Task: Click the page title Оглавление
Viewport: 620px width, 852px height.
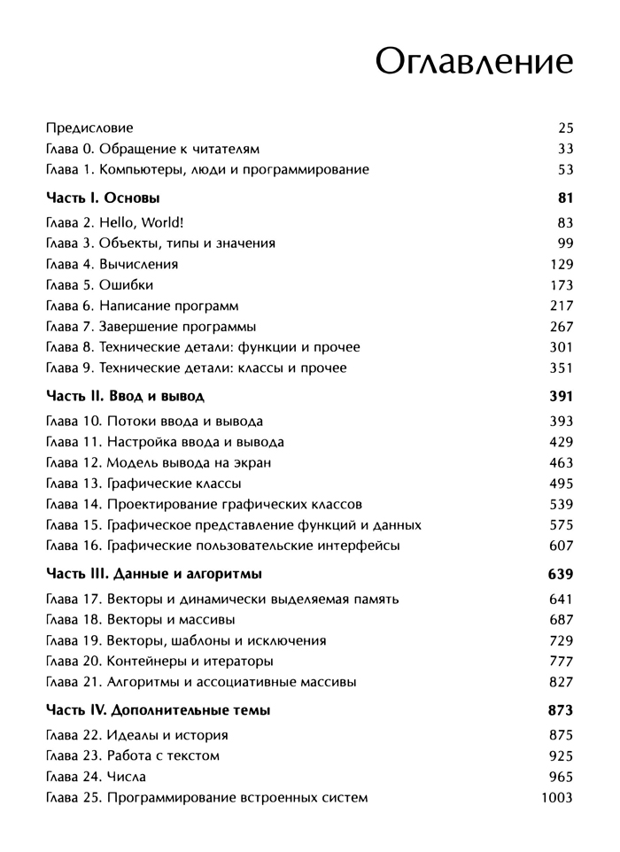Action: click(474, 64)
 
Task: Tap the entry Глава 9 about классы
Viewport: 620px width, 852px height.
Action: click(196, 368)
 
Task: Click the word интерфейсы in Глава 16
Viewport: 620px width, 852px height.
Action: click(361, 546)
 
